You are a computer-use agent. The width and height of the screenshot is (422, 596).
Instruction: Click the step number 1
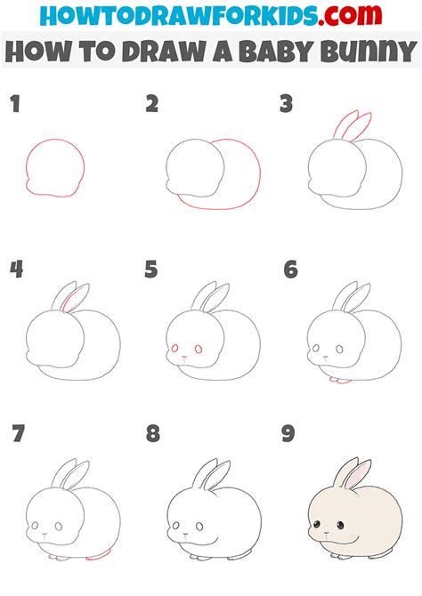(x=14, y=106)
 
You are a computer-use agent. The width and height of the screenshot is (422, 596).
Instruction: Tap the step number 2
(x=152, y=106)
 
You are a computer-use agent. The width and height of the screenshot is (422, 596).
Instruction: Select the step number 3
(x=286, y=106)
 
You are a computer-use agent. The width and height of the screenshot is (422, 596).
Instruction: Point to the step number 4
(x=16, y=269)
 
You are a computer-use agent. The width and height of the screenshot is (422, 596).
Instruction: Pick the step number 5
(x=152, y=269)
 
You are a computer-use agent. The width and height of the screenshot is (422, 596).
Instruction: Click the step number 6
(x=289, y=269)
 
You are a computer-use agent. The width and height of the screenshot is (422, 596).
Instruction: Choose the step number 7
(x=17, y=435)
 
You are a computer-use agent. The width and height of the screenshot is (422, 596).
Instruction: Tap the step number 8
(x=153, y=435)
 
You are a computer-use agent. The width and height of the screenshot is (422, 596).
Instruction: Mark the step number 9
(x=289, y=435)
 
